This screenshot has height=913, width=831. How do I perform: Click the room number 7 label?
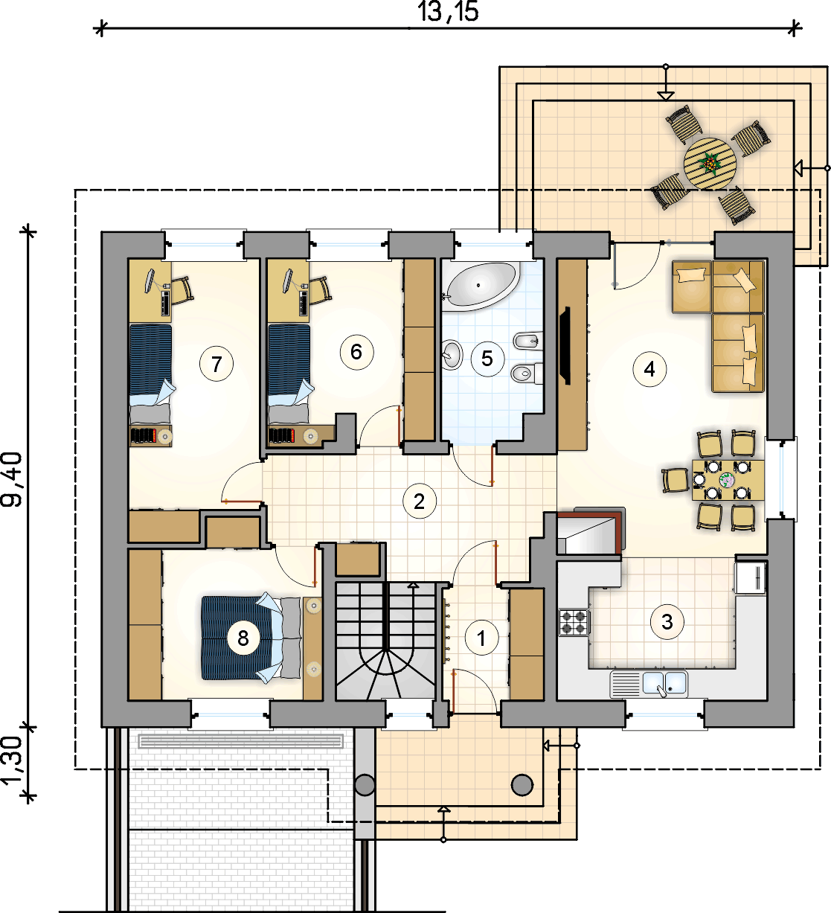216,364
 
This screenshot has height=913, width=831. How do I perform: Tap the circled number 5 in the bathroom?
487,359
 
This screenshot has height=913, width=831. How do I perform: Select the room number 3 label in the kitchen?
667,622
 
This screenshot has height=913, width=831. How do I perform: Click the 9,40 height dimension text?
11,480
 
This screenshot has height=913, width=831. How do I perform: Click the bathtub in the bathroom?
481,286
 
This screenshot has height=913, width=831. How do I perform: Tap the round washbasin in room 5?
452,354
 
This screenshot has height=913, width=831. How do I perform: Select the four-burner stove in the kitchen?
574,622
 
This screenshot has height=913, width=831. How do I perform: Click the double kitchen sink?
649,684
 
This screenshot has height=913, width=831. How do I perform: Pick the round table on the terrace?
710,164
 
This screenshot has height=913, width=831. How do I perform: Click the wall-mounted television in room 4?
565,346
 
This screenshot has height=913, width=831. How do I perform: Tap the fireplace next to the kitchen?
590,531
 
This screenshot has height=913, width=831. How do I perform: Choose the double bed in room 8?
251,638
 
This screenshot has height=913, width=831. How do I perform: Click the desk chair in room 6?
321,289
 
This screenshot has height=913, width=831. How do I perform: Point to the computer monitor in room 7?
150,281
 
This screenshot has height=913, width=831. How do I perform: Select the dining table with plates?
728,480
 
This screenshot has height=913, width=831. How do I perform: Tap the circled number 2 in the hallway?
419,502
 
